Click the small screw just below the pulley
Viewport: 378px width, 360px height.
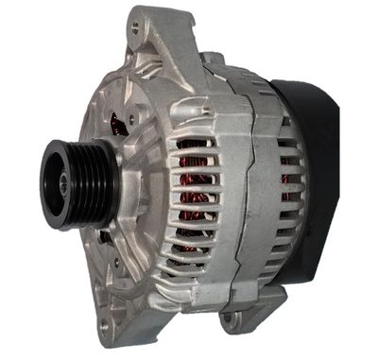click(103, 248)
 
